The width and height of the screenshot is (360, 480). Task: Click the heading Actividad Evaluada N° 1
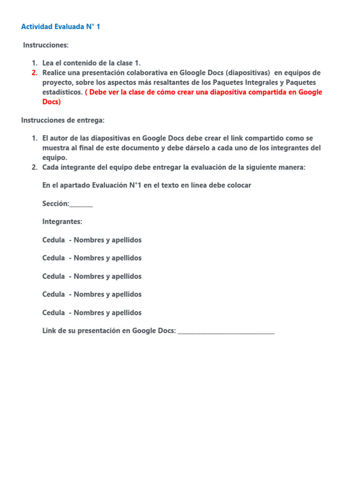point(60,27)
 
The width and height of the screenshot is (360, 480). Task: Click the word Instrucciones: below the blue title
point(46,45)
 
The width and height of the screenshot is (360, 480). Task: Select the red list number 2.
point(35,73)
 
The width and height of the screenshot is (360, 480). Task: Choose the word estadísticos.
point(62,92)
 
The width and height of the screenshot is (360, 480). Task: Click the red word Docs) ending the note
point(52,101)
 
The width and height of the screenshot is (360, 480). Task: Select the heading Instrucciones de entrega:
point(63,120)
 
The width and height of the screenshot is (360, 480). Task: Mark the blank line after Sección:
point(81,204)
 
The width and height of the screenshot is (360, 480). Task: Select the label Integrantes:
point(62,221)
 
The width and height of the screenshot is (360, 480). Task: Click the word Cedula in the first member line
point(53,240)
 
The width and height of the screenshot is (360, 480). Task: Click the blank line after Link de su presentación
point(226,331)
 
